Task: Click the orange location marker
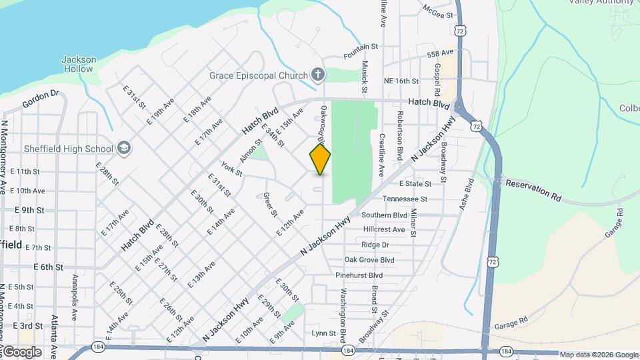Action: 320,159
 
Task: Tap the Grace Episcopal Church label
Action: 257,75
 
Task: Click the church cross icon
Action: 318,75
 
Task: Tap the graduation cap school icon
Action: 123,147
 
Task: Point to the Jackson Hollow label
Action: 79,64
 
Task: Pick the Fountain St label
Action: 361,47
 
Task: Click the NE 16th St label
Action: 401,81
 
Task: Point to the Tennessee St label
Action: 405,199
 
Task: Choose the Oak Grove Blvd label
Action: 369,260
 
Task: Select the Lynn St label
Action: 321,333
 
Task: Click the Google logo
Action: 21,352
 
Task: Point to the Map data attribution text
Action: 598,355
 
